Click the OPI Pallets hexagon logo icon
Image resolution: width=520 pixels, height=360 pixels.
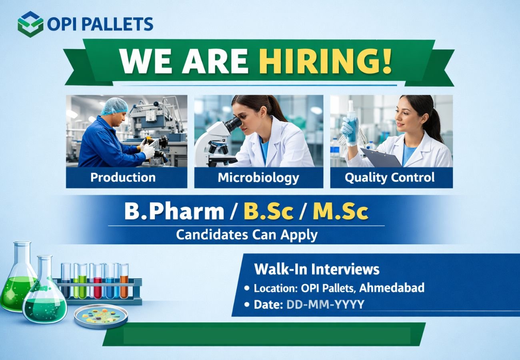coord(30,24)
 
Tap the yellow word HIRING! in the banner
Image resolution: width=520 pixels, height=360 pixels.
coord(325,61)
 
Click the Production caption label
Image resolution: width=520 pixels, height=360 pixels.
coord(123,178)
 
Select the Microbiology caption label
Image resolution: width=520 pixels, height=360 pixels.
coord(258,178)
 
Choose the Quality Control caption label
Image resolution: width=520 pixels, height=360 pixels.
coord(390,178)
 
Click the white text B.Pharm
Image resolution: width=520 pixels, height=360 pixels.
coord(174,212)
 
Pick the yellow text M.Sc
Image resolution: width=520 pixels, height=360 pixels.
coord(340,212)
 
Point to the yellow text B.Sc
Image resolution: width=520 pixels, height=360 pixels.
coord(268,212)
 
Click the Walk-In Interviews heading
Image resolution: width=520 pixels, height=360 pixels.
coord(317,269)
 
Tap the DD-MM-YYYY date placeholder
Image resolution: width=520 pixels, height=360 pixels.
coord(325,304)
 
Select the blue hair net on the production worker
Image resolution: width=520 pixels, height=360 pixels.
coord(114,106)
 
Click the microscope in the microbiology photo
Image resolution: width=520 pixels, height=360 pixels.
coord(218,140)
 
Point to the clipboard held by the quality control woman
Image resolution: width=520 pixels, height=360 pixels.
coord(380,157)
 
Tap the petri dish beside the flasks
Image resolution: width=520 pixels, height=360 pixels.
coord(101,316)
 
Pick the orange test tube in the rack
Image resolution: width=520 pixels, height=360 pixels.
coord(124,280)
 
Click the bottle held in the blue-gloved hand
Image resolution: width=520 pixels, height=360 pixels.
coord(352,122)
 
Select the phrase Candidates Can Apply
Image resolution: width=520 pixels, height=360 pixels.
coord(247,235)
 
